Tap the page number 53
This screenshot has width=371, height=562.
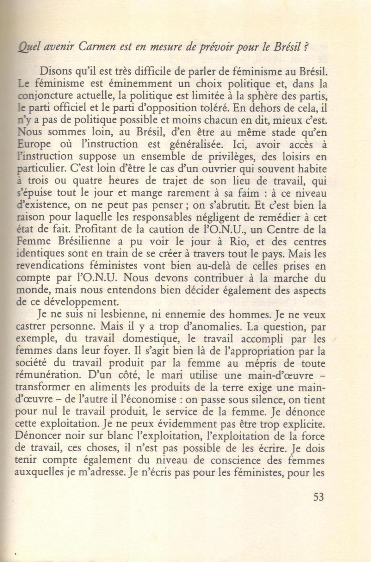(318, 497)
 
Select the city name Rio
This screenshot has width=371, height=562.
(251, 242)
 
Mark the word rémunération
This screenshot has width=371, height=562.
(47, 375)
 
